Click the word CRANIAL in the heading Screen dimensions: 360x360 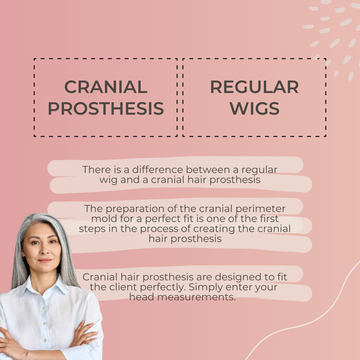click(x=106, y=87)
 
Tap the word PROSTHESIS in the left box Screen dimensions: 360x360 click(x=106, y=108)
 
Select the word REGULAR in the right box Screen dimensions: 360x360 click(x=255, y=87)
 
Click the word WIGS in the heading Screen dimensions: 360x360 click(x=255, y=108)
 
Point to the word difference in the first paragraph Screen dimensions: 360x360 click(x=158, y=170)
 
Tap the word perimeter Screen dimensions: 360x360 click(x=261, y=209)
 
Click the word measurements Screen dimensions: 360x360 click(x=196, y=297)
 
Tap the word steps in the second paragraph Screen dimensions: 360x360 click(x=91, y=229)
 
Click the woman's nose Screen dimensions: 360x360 click(x=45, y=249)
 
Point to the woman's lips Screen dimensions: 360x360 click(x=45, y=261)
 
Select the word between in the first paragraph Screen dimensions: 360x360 click(x=207, y=170)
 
